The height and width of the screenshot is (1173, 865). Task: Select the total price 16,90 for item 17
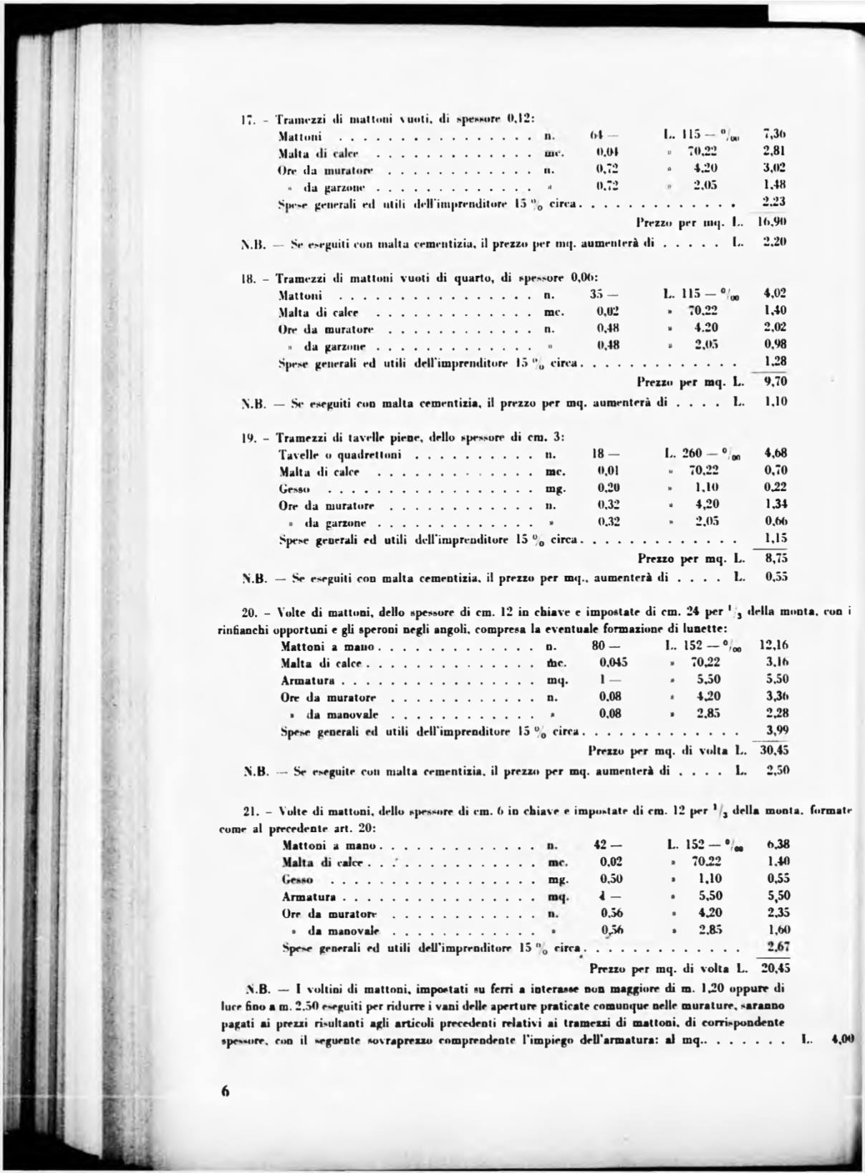click(x=775, y=222)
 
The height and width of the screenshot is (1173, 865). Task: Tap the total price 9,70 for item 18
click(x=775, y=382)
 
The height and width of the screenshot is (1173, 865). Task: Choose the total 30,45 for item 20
click(x=774, y=750)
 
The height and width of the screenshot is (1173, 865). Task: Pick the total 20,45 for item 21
click(x=775, y=967)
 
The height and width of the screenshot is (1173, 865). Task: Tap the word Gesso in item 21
click(x=297, y=879)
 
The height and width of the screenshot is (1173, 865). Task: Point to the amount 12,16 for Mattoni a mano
click(x=774, y=645)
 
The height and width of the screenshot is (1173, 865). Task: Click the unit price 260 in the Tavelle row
click(x=692, y=453)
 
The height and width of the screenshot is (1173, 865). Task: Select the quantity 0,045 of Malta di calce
click(x=613, y=662)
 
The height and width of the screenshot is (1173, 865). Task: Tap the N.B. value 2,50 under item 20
click(x=777, y=771)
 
